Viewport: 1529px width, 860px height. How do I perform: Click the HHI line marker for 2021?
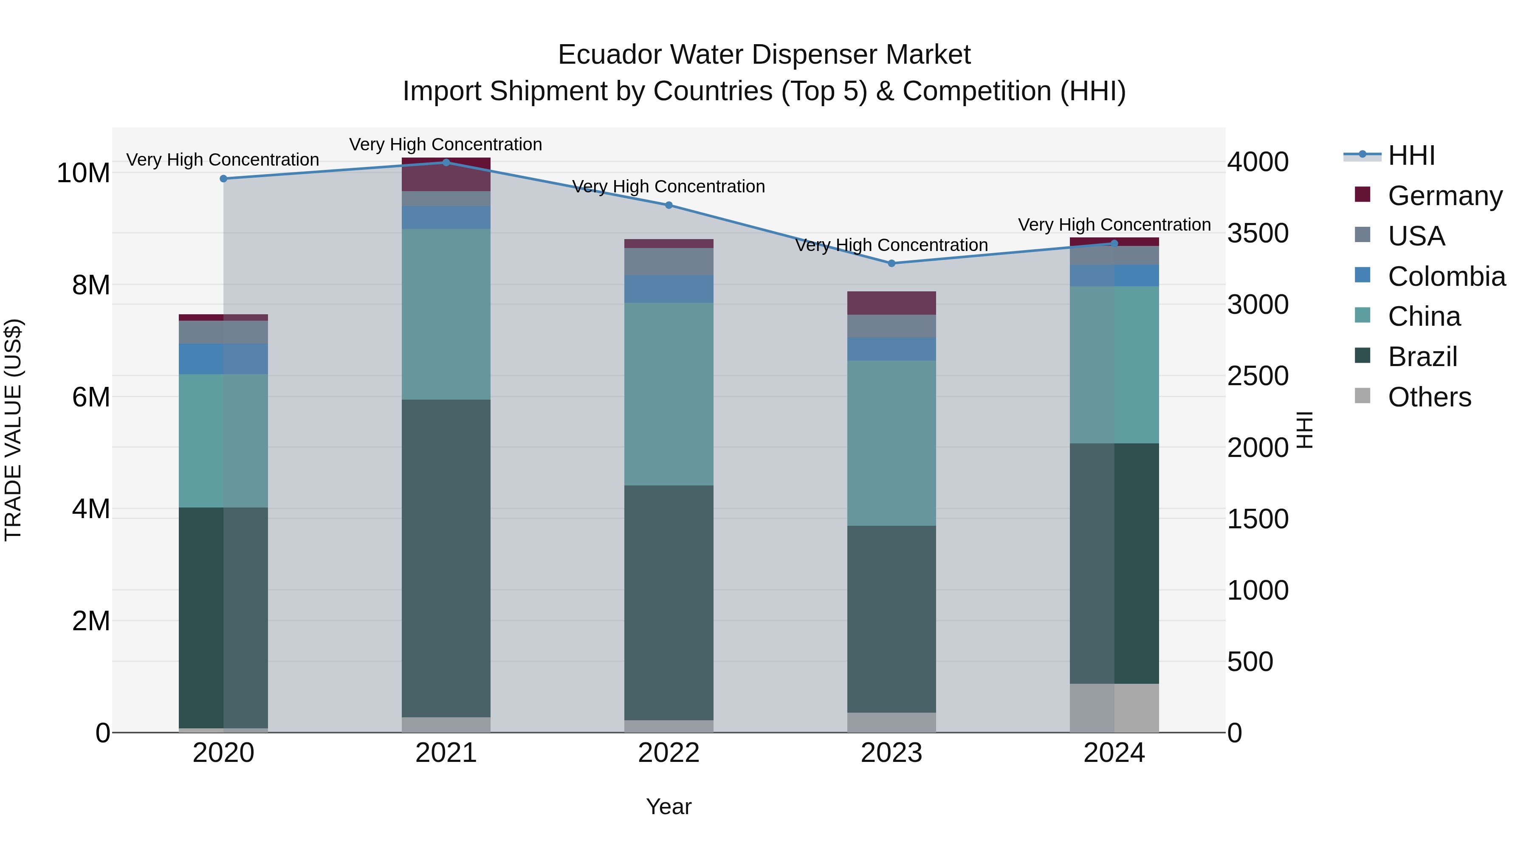point(446,163)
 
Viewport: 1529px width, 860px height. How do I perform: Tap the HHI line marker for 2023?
point(891,263)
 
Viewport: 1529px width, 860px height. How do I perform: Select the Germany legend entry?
point(1445,196)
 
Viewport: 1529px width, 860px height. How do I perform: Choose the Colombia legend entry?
point(1446,276)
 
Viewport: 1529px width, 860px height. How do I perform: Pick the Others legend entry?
point(1429,397)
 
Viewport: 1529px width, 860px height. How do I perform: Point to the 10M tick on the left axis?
point(83,173)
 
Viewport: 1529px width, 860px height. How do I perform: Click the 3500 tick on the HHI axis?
point(1257,233)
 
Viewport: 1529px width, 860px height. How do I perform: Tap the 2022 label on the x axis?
point(669,753)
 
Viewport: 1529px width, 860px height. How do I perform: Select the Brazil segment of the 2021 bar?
point(446,558)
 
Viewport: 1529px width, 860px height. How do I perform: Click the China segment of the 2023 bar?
point(891,443)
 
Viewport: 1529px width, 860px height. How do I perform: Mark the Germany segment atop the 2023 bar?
point(891,303)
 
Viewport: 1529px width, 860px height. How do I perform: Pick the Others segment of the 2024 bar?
point(1114,708)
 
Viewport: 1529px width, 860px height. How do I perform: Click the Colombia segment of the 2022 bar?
point(669,289)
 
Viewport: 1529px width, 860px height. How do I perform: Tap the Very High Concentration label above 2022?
point(669,186)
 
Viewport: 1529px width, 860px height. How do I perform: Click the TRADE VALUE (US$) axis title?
point(14,430)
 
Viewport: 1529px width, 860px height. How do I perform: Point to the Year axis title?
point(669,806)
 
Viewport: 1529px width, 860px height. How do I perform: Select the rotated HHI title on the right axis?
point(1305,430)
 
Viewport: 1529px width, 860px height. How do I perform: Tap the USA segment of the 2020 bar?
point(223,332)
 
